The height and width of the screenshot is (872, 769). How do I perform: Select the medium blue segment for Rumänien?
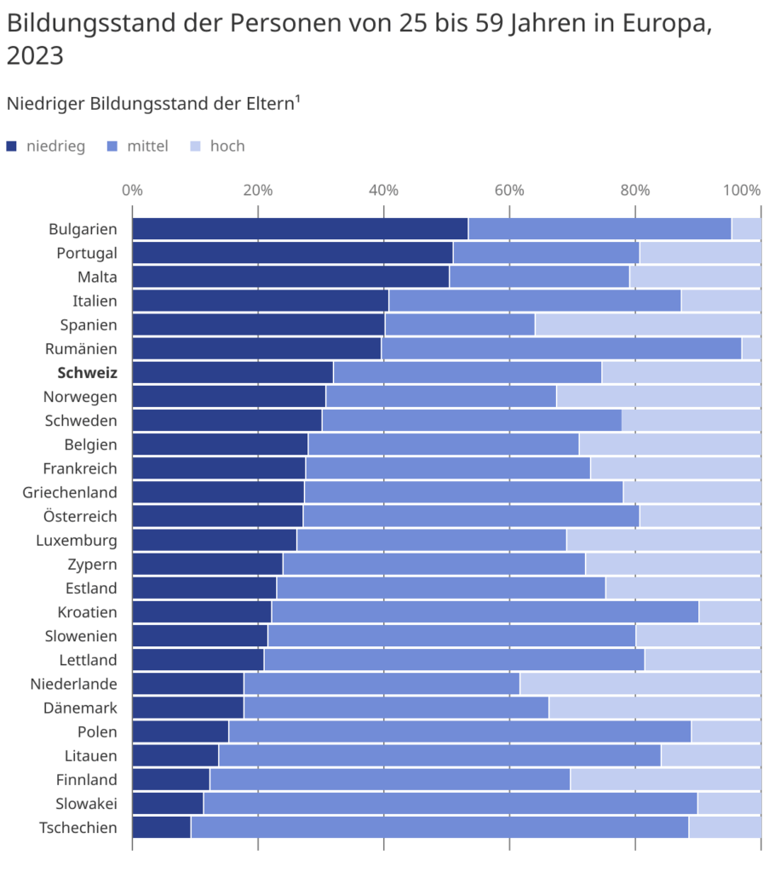(561, 348)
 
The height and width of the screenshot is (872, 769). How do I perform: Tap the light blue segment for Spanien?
(647, 324)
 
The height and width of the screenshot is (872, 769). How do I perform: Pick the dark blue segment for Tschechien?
(161, 827)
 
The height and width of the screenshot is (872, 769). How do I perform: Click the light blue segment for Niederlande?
(640, 683)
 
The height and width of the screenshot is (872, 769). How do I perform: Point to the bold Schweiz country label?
(87, 372)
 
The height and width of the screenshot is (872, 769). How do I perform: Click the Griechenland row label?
(70, 491)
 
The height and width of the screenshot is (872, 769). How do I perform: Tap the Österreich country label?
(80, 516)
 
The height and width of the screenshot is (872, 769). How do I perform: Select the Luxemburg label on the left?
(77, 540)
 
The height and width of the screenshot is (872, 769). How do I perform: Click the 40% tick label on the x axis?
(383, 189)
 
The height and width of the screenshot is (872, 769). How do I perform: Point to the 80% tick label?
(635, 189)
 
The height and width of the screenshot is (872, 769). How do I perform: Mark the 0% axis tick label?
(132, 189)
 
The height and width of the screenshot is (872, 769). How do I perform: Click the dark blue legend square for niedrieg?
(11, 146)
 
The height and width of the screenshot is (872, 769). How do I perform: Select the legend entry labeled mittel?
(147, 146)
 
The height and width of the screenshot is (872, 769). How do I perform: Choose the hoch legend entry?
(227, 146)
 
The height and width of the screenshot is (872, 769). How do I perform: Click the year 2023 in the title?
(35, 56)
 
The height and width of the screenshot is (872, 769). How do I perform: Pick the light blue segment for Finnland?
(665, 779)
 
